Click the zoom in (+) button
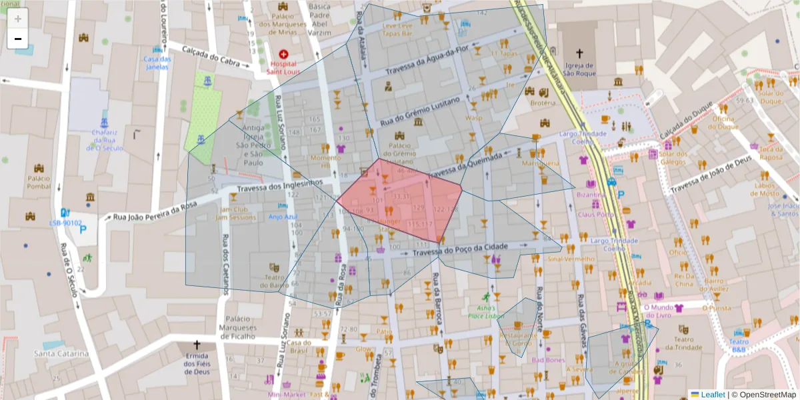pos(18,19)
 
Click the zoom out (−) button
pos(18,39)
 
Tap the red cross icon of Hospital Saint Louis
pos(284,54)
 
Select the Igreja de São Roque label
pos(579,69)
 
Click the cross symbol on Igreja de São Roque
pos(579,53)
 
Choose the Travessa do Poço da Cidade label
pos(460,250)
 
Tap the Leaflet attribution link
pos(712,395)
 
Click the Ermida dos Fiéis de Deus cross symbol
pos(196,345)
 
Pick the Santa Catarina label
pos(61,353)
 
